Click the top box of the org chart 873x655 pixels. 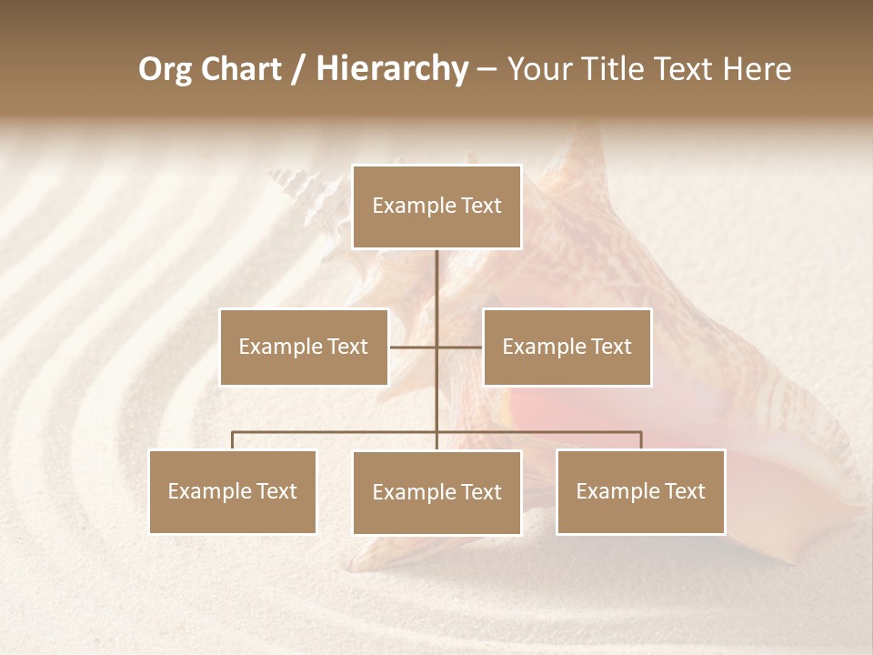click(x=436, y=207)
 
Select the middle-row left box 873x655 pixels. click(x=304, y=347)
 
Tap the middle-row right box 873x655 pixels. click(x=567, y=347)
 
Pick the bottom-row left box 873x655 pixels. click(x=233, y=491)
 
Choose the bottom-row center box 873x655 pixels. click(x=436, y=492)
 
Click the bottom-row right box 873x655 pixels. click(x=640, y=491)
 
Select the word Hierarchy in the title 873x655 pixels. click(x=391, y=69)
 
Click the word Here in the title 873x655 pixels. click(x=758, y=69)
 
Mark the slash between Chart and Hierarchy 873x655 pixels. click(x=299, y=69)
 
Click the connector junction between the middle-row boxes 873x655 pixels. click(x=436, y=347)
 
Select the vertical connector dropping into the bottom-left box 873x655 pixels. click(x=233, y=440)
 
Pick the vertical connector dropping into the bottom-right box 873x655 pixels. click(x=640, y=440)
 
